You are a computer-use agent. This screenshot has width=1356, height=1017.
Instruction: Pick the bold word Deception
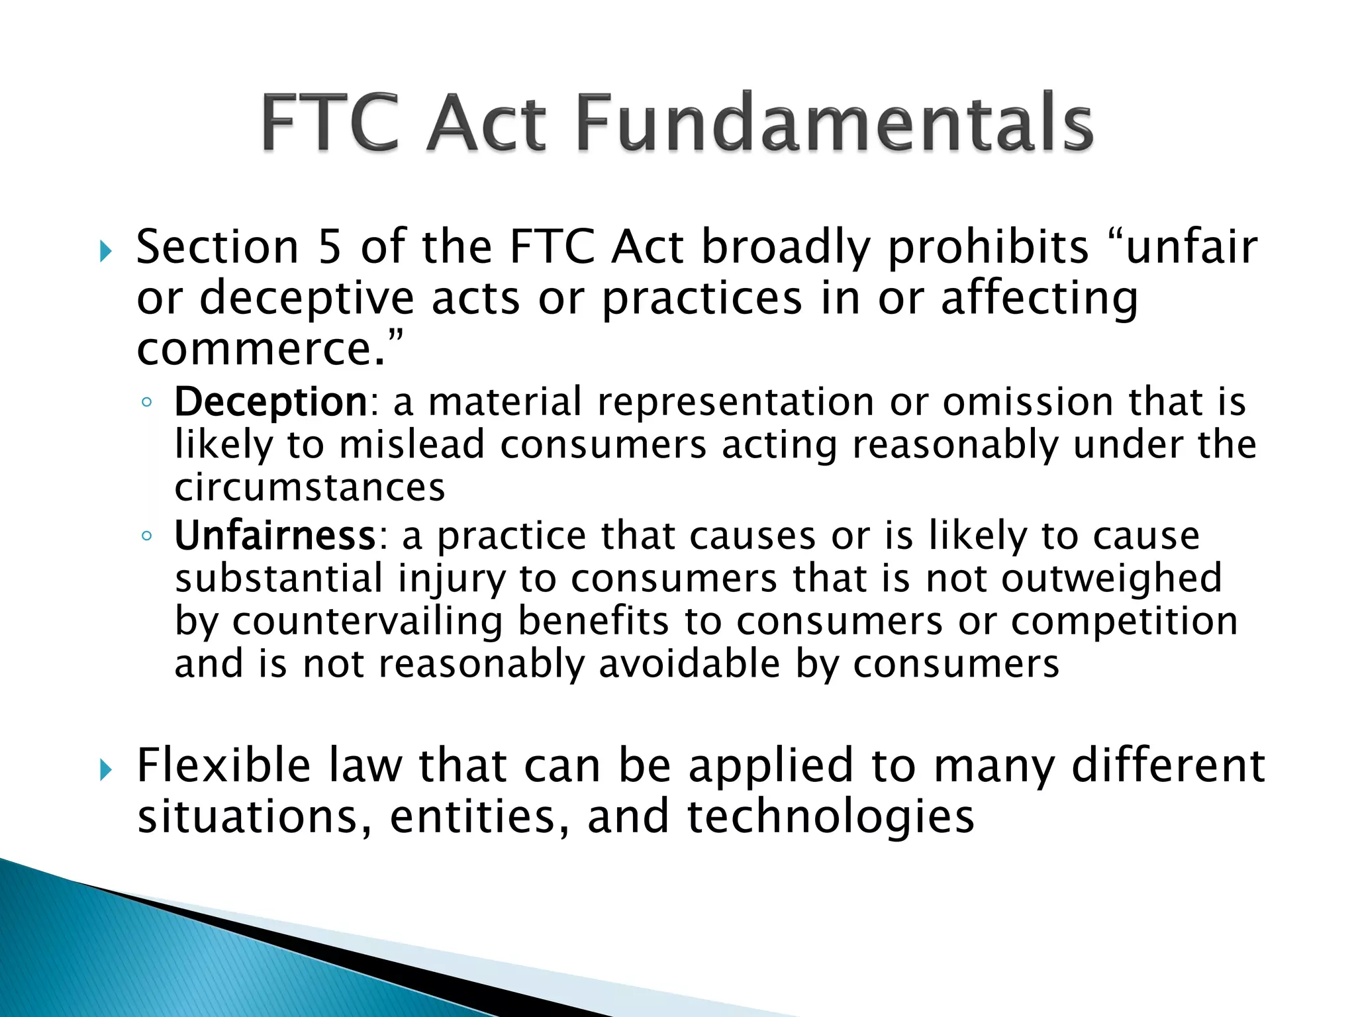(x=271, y=402)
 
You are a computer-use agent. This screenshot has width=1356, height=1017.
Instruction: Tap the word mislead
(x=412, y=444)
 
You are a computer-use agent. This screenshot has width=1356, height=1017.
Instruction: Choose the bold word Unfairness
(x=275, y=536)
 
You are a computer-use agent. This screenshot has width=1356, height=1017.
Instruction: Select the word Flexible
(x=223, y=765)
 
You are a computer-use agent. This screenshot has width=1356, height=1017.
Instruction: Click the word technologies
(x=831, y=816)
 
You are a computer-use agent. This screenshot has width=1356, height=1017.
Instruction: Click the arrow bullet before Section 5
(x=105, y=251)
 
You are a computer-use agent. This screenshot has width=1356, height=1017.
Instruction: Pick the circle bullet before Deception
(x=147, y=403)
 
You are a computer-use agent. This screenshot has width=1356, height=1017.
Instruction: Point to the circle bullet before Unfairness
(x=147, y=536)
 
